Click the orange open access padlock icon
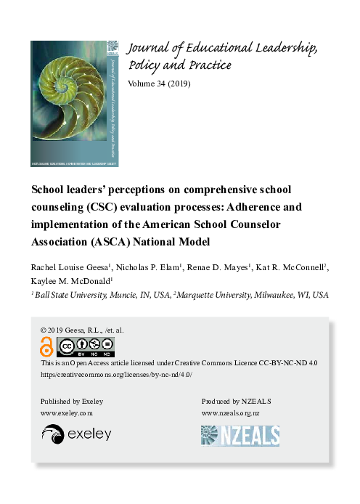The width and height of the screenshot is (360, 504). tap(46, 347)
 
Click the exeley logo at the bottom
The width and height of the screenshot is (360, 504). tap(77, 434)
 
